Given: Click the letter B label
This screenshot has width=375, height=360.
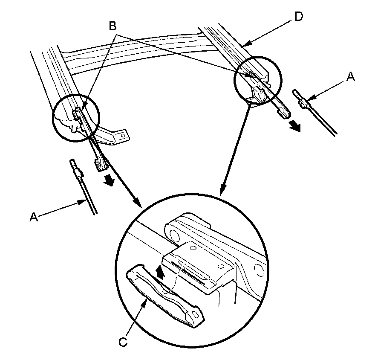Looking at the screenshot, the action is [x=112, y=26].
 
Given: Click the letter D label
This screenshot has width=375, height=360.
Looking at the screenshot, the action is [x=298, y=17].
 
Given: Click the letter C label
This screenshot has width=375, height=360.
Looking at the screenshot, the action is [x=124, y=342].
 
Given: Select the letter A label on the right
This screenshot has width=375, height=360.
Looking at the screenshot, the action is [x=351, y=77].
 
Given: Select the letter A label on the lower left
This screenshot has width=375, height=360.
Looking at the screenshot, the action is [x=34, y=217].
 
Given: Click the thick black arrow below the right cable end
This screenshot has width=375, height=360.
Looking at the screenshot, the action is [x=294, y=126].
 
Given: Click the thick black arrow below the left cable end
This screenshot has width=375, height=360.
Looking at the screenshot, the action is [x=109, y=180].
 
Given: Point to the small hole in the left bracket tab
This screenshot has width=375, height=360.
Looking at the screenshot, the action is [x=123, y=136].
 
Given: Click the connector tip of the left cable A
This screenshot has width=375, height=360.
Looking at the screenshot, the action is [x=72, y=162].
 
